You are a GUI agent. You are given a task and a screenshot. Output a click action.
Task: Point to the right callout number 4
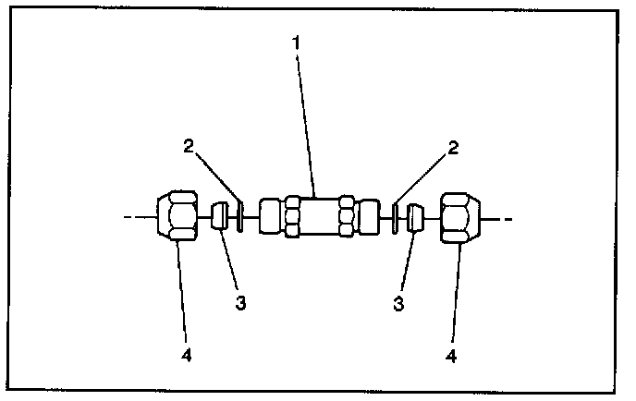click(x=452, y=354)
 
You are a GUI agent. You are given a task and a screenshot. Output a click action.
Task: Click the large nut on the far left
click(x=177, y=218)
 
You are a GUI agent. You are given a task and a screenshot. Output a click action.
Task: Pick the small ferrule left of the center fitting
click(x=221, y=218)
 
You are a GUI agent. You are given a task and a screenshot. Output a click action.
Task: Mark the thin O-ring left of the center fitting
click(x=240, y=218)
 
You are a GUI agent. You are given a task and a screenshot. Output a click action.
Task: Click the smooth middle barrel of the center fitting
click(x=318, y=218)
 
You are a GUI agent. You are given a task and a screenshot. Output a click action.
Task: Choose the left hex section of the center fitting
click(x=292, y=218)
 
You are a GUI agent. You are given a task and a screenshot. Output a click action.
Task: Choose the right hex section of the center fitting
click(x=346, y=218)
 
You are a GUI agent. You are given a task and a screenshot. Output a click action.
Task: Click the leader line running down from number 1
click(x=307, y=120)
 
